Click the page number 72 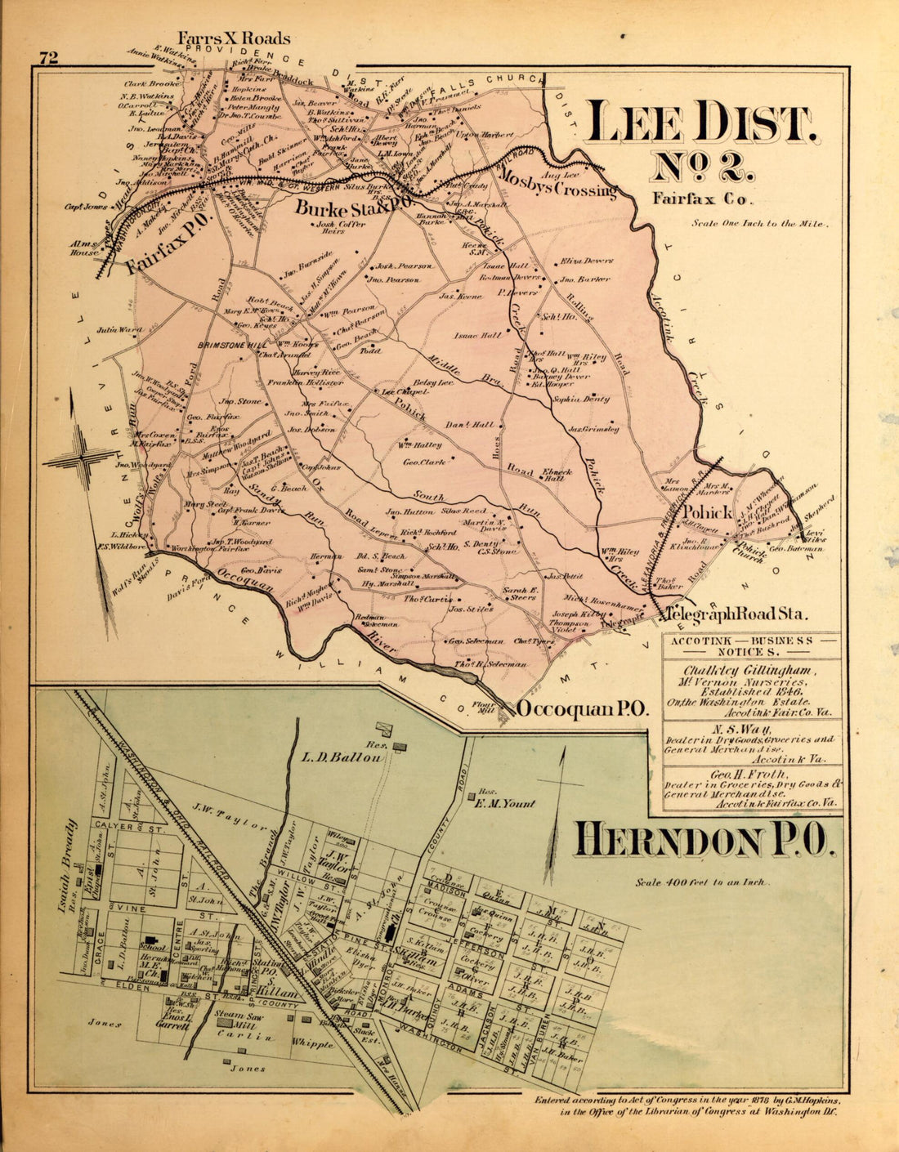tap(47, 57)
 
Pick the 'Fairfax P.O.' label tap(170, 241)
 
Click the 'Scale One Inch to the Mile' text tap(761, 223)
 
